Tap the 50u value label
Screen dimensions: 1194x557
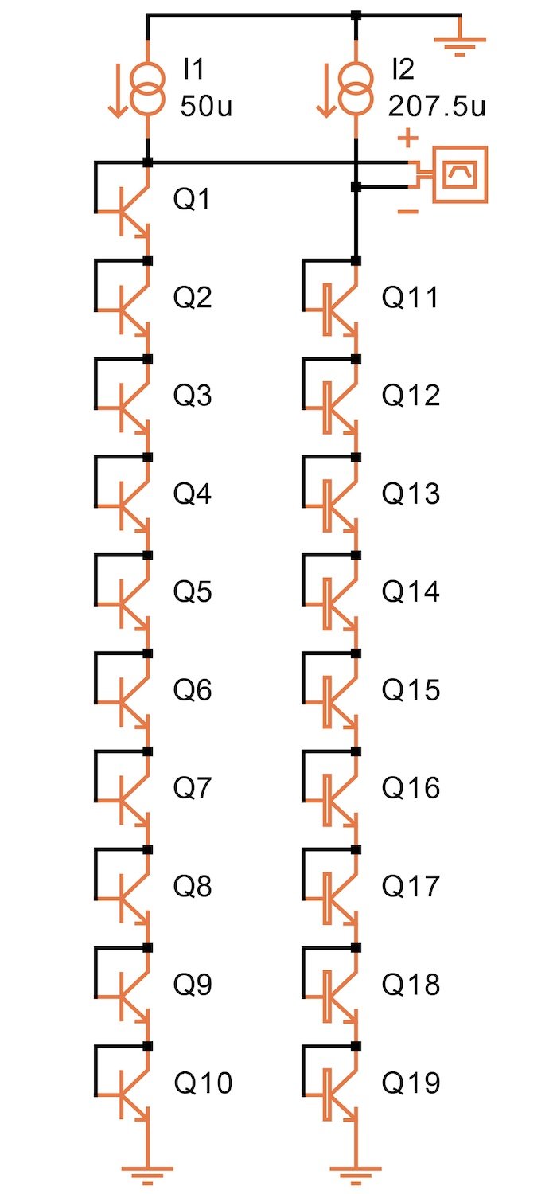pos(206,107)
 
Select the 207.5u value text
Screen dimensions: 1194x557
pos(437,107)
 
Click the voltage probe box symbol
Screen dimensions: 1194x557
pos(458,175)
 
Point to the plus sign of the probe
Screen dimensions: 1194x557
pos(407,139)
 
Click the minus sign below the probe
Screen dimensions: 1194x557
pos(407,212)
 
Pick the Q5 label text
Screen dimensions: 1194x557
pos(193,592)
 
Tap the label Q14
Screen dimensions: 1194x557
pos(411,592)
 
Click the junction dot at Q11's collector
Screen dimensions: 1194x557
pos(356,261)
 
